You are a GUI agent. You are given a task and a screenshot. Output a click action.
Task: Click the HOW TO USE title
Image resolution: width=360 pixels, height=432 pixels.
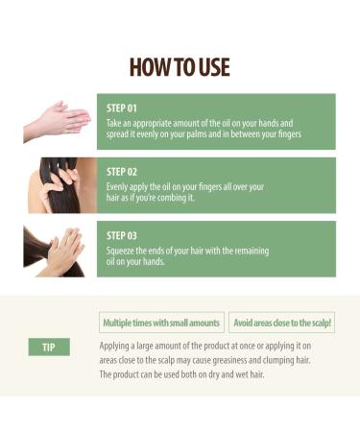180,66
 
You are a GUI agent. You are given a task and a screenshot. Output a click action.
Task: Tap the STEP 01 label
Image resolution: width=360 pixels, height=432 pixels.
122,108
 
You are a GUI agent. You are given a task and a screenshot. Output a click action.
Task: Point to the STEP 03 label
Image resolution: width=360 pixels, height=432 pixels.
122,234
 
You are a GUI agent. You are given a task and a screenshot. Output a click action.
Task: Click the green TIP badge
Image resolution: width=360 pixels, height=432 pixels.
49,347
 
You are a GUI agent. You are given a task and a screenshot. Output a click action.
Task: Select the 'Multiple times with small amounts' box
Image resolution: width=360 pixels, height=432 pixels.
161,323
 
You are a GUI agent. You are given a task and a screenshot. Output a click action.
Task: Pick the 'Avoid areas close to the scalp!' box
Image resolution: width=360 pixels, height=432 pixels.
281,323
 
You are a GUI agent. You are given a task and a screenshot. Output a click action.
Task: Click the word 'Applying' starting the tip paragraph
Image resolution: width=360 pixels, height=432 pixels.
117,344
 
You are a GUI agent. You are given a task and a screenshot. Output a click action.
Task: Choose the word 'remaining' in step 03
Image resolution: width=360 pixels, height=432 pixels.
251,250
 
